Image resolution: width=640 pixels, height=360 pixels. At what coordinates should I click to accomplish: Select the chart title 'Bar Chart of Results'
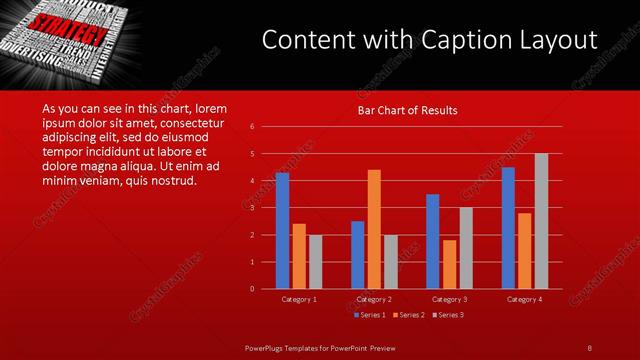407,110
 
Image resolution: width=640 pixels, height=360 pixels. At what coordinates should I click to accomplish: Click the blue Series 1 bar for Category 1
282,230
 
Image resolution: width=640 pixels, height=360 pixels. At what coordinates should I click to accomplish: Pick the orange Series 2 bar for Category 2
374,229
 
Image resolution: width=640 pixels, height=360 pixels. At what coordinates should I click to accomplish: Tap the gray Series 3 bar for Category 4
541,221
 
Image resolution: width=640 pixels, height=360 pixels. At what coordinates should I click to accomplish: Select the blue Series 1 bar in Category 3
433,241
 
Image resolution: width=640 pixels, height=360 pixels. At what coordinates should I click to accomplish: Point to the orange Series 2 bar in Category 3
449,264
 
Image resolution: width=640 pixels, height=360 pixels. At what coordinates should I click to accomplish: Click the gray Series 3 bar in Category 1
314,261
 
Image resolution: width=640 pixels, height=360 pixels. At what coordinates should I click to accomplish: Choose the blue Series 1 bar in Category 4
508,227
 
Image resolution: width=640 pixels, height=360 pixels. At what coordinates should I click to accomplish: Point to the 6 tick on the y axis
252,126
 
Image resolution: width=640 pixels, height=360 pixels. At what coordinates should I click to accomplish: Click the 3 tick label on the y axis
252,207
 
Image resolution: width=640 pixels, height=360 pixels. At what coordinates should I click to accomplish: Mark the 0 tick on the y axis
252,289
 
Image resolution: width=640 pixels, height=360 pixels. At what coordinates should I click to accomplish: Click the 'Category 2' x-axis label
373,299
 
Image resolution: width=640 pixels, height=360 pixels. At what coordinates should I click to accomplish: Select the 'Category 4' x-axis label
524,299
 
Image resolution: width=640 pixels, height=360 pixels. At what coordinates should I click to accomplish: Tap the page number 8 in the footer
589,347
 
